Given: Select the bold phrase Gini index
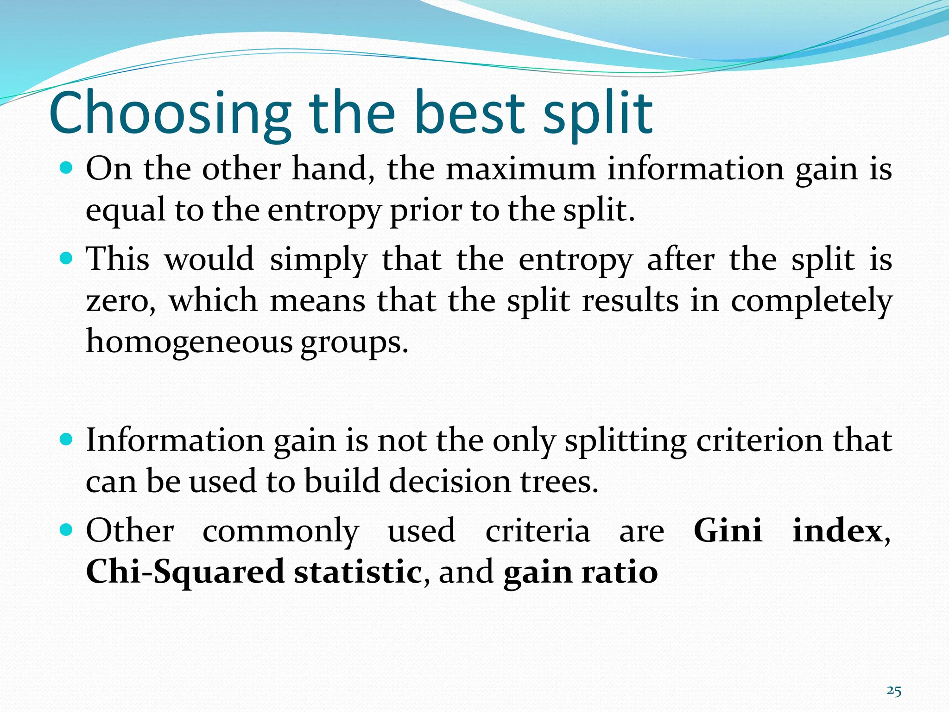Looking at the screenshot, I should point(787,531).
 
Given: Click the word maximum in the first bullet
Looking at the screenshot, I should point(520,169).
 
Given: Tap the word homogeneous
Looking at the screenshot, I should point(189,342).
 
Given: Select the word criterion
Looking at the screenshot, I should point(760,440).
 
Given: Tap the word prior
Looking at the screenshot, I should point(426,211).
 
